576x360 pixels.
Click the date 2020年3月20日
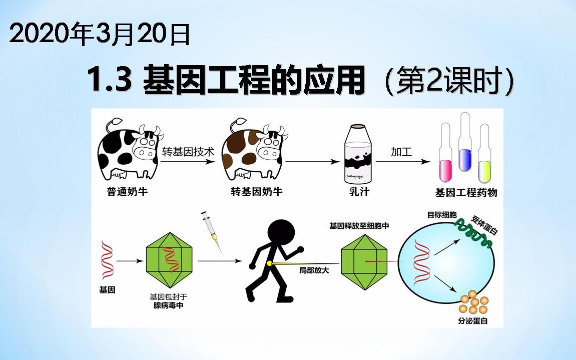tap(100, 36)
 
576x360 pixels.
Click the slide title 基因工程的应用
tap(254, 82)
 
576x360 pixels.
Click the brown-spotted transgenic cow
tap(253, 149)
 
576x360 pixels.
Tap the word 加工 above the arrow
tap(401, 152)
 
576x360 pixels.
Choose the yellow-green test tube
tap(483, 155)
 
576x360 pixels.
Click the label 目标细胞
tap(442, 215)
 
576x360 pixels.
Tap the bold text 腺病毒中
tap(168, 305)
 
